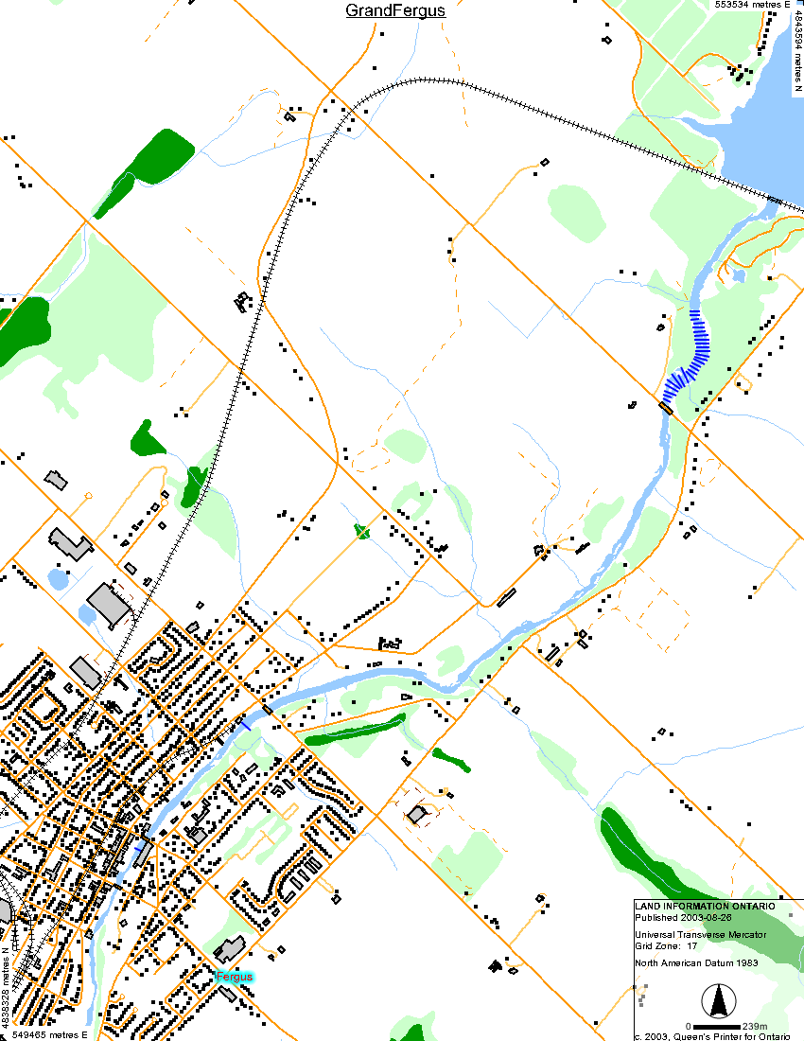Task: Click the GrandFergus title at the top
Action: (x=394, y=11)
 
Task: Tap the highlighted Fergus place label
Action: (x=234, y=976)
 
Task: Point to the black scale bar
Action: (x=713, y=1026)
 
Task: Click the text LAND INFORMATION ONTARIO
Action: (x=706, y=906)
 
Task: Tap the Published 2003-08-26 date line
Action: (x=683, y=917)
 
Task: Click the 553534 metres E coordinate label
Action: (x=751, y=5)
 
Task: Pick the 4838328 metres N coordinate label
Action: (x=6, y=990)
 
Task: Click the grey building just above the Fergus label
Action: (x=229, y=948)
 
